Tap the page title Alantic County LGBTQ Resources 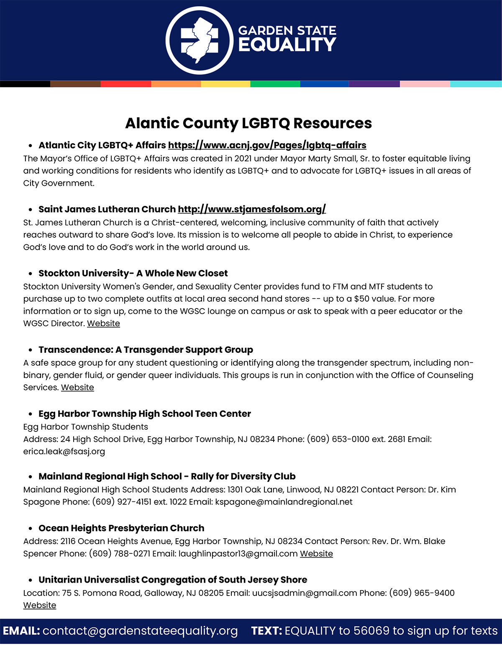tap(248, 123)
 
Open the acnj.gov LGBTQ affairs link tap(267, 145)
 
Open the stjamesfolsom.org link tap(251, 209)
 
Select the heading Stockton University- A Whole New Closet tap(133, 273)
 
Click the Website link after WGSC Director tap(103, 324)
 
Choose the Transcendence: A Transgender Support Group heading tap(146, 349)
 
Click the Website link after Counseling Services tap(77, 388)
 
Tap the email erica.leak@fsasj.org tap(64, 452)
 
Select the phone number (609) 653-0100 tap(338, 439)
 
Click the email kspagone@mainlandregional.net tap(284, 502)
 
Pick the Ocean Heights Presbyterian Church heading tap(121, 528)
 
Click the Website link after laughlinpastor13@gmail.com tap(316, 554)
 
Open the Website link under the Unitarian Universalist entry tap(40, 605)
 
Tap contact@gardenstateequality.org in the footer tap(140, 631)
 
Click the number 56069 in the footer tap(371, 631)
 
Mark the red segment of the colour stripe tap(125, 84)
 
